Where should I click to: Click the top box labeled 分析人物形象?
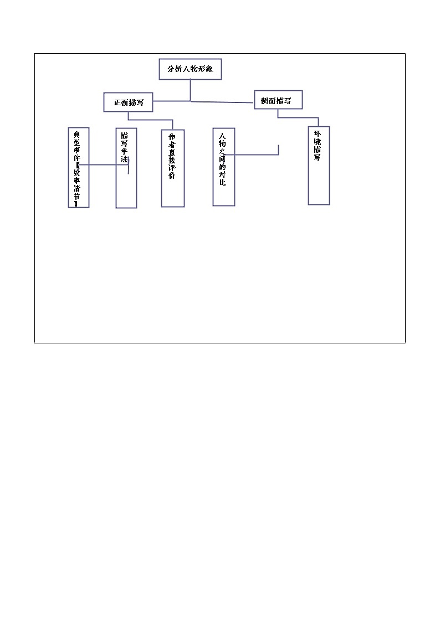190,69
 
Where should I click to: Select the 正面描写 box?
128,102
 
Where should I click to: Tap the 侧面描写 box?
279,100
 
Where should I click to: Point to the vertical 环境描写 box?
319,166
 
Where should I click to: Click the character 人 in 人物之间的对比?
222,136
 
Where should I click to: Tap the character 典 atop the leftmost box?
77,135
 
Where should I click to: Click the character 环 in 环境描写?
318,134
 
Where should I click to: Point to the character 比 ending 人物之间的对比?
222,182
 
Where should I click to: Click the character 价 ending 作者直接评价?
172,176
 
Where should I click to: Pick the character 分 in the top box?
171,70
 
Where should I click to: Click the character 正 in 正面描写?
117,103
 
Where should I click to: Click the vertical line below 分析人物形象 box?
191,90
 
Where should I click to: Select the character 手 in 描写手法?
125,151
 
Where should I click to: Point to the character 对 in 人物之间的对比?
222,174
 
